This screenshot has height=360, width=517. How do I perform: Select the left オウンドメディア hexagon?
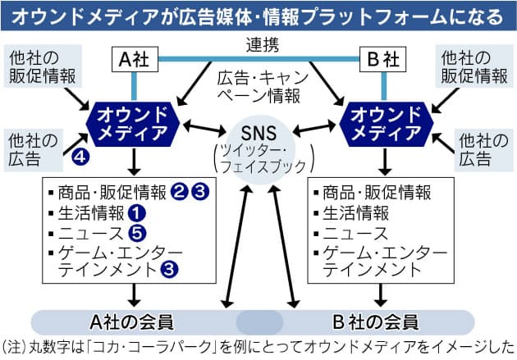[130, 124]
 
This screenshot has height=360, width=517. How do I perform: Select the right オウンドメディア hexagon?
[383, 124]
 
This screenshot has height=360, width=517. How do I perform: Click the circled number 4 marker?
[80, 153]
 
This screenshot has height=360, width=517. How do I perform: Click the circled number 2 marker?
[181, 194]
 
